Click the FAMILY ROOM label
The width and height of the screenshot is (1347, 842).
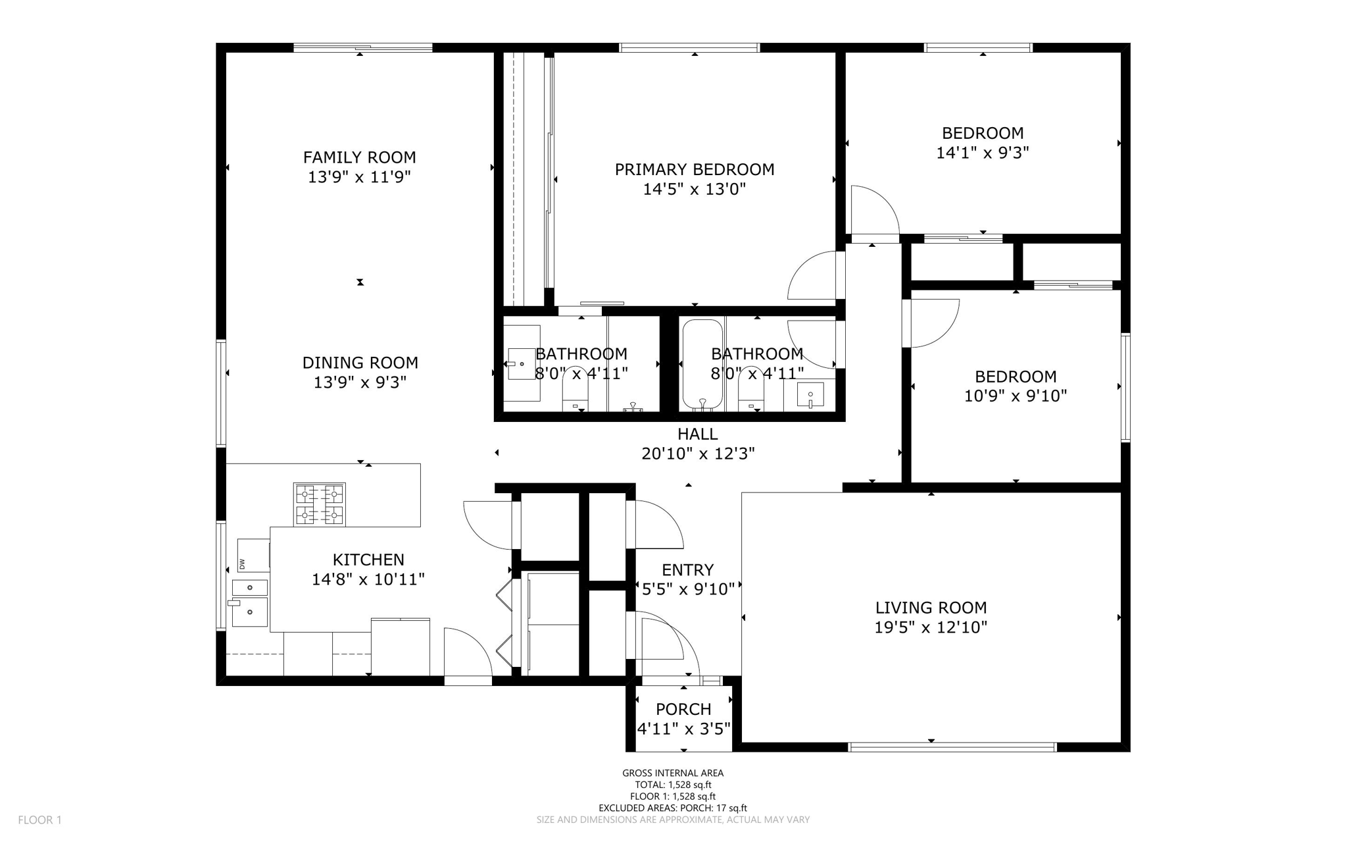[359, 157]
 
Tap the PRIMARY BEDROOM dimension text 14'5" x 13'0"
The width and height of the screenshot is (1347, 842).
[694, 190]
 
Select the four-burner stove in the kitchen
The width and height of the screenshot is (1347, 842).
[320, 504]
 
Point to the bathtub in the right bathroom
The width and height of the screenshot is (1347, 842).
[702, 364]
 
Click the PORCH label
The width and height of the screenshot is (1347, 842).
[683, 709]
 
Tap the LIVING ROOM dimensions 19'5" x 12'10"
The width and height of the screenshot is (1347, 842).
[931, 627]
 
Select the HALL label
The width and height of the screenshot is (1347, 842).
[697, 434]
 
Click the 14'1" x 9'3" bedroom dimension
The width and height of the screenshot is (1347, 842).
[983, 153]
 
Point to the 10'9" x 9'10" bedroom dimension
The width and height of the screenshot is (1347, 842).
[1016, 396]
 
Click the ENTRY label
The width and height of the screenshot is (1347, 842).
[687, 569]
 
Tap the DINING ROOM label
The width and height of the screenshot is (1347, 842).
[360, 363]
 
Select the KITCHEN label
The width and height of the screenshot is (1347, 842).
[368, 560]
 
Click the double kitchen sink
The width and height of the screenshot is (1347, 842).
[250, 602]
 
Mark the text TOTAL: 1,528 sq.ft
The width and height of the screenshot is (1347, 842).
[673, 785]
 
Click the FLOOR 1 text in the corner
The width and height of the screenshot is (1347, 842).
[39, 820]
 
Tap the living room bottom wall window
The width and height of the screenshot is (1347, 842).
[952, 747]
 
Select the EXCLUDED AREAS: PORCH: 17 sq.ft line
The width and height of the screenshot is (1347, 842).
[673, 808]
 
